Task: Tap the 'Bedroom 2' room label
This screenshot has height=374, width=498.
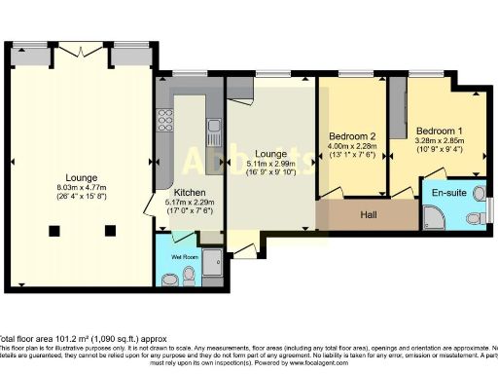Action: tap(349, 135)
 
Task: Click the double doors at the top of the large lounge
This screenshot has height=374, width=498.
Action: tap(83, 48)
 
